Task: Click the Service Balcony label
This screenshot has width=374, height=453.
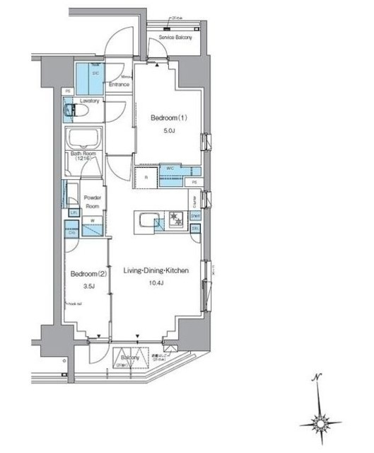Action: coord(175,36)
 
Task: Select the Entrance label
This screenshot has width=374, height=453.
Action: coord(119,84)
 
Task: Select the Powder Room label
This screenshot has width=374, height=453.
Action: coord(94,202)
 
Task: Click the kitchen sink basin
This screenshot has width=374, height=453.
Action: coord(146,222)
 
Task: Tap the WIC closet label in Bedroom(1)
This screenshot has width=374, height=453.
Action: coord(170,168)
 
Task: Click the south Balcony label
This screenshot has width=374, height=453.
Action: coord(130,358)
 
